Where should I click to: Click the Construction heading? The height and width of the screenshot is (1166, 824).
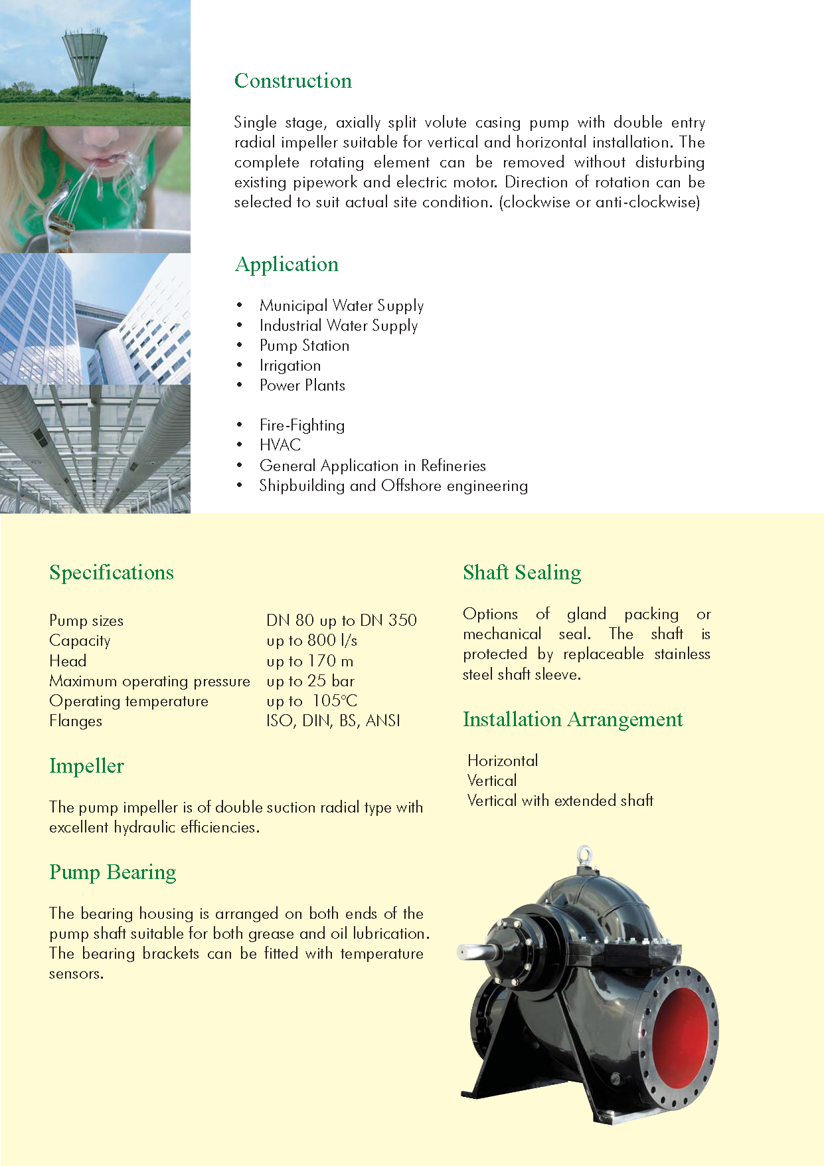(293, 81)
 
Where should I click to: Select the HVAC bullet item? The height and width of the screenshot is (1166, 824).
(280, 445)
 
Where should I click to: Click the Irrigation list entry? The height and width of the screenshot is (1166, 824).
(290, 365)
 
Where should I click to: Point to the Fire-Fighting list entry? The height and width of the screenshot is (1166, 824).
(302, 425)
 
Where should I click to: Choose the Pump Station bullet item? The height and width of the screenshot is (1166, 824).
(304, 345)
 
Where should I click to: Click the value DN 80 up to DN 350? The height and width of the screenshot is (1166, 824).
(341, 621)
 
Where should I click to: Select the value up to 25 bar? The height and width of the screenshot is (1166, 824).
(310, 681)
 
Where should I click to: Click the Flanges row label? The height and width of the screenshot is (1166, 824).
(76, 721)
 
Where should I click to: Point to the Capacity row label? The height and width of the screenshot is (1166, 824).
(80, 640)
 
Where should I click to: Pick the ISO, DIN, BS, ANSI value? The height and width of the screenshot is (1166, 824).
(333, 721)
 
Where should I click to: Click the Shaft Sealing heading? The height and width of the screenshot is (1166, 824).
(522, 573)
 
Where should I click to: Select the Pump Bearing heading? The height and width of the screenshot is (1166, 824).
(113, 872)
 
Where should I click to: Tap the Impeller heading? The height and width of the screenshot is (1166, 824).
(86, 766)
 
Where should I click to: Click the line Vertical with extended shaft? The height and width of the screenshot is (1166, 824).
(560, 801)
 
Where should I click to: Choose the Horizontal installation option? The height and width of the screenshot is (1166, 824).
(503, 761)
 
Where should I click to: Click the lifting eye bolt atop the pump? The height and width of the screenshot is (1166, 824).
(584, 854)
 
